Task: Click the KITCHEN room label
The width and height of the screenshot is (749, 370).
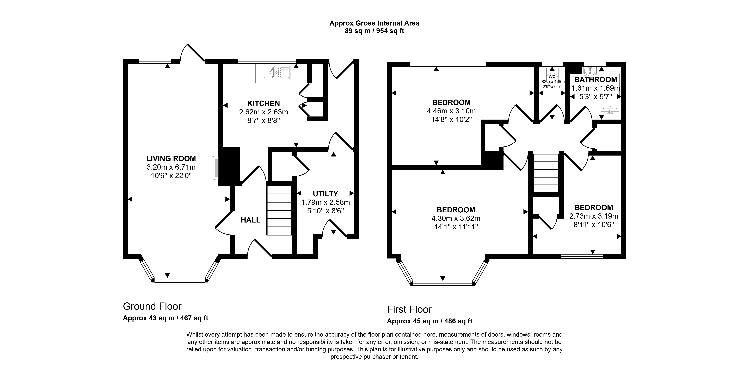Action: pyautogui.click(x=263, y=103)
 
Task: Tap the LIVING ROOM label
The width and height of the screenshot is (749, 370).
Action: pyautogui.click(x=171, y=159)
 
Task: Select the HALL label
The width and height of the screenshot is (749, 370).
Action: pyautogui.click(x=251, y=220)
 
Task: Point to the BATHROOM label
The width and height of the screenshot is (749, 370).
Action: pyautogui.click(x=595, y=80)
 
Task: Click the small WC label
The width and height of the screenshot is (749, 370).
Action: pyautogui.click(x=552, y=77)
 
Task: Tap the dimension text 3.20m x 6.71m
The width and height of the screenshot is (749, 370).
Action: pyautogui.click(x=171, y=167)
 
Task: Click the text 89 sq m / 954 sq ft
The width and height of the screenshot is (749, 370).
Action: pyautogui.click(x=375, y=31)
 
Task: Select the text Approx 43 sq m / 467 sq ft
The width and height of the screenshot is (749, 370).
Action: pyautogui.click(x=165, y=318)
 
